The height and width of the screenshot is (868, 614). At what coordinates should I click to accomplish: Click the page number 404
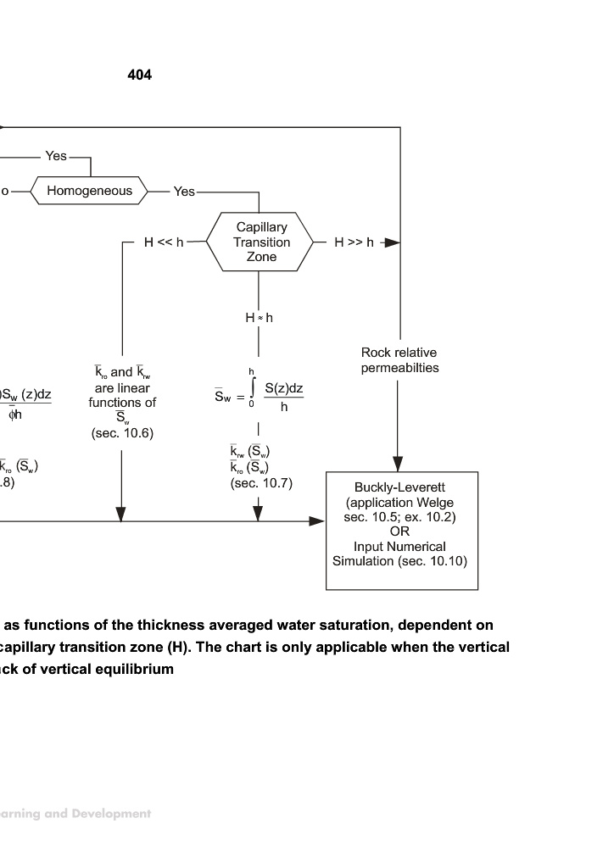point(140,75)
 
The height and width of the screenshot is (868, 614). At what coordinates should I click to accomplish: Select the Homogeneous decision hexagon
point(89,191)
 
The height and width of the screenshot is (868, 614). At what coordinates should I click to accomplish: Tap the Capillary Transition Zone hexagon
point(262,242)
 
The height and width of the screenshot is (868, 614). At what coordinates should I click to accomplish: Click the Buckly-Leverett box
point(401,531)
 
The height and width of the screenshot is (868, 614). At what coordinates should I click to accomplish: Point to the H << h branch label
point(163,242)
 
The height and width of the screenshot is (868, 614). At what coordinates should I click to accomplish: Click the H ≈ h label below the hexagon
point(260,318)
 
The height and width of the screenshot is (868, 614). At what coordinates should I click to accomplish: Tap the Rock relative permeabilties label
point(399,360)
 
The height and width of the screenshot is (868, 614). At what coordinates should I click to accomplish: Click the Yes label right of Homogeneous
point(184,192)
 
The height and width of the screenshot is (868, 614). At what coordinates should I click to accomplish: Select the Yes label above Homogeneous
point(56,156)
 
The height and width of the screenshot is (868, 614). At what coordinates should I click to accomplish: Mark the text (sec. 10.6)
point(122,433)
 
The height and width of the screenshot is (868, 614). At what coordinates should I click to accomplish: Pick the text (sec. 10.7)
point(261,483)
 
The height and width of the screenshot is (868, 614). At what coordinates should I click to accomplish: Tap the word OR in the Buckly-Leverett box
point(400,531)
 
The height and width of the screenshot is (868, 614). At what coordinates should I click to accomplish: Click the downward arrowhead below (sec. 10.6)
point(120,514)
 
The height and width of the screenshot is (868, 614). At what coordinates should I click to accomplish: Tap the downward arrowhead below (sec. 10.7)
point(258,514)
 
